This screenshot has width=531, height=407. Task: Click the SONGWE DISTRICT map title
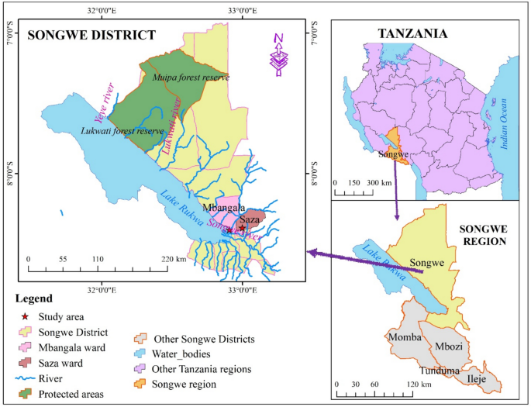click(x=92, y=35)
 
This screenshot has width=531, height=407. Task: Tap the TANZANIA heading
click(x=412, y=34)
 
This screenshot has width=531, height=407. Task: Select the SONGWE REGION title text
click(x=482, y=236)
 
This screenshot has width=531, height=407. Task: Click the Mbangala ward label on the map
click(x=223, y=208)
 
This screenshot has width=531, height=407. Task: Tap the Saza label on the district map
click(x=249, y=220)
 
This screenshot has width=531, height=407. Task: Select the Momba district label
click(x=402, y=338)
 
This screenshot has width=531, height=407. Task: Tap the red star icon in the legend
click(x=26, y=316)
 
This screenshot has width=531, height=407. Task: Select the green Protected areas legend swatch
click(x=26, y=394)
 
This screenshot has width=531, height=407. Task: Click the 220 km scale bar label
click(x=175, y=260)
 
